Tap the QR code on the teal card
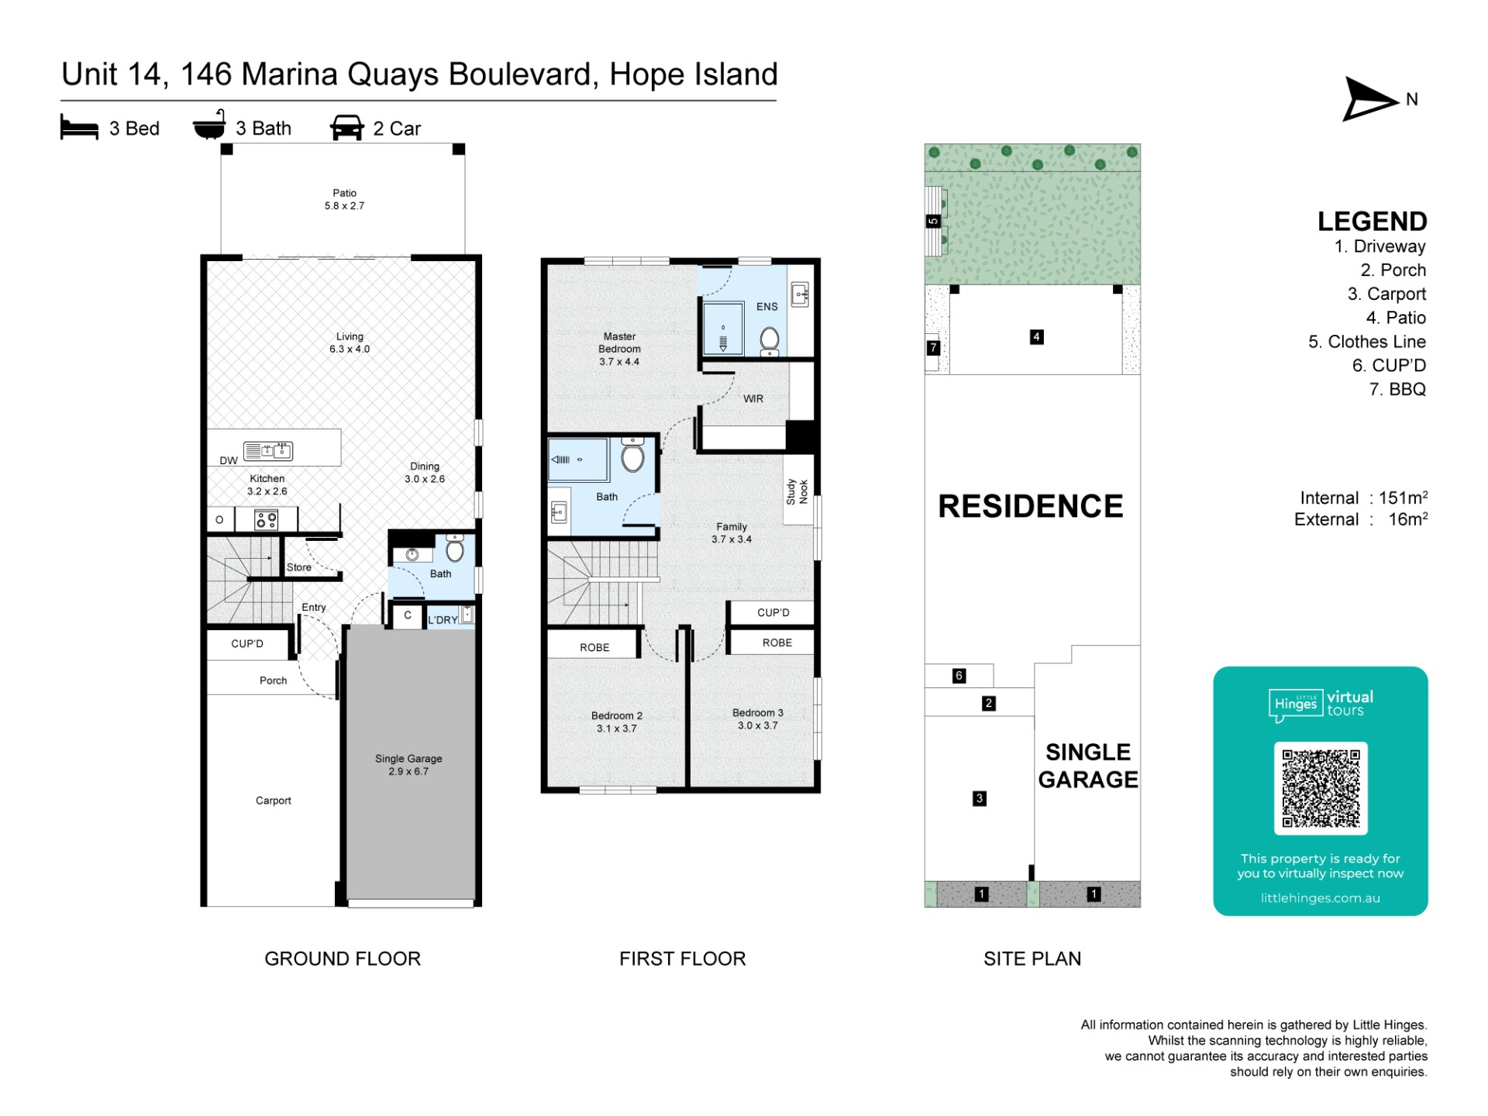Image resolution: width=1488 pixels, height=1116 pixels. [1321, 787]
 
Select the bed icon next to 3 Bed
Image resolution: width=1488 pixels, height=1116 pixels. [79, 128]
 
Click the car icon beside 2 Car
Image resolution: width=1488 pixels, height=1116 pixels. [347, 128]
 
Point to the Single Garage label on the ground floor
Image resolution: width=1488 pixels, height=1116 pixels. [408, 765]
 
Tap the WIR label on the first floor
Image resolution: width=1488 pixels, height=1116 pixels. [753, 398]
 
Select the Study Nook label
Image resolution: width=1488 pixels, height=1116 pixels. [797, 491]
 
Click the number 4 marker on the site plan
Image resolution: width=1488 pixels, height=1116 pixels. [1036, 336]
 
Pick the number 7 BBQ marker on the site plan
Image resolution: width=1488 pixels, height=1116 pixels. [933, 348]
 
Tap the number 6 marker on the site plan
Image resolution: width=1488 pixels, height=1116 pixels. [959, 676]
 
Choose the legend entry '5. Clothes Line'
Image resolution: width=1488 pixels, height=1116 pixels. [1367, 342]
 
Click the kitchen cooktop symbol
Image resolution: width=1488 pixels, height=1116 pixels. [267, 519]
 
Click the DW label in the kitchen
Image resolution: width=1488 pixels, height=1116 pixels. [229, 460]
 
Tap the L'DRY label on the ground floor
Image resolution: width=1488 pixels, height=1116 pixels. [443, 620]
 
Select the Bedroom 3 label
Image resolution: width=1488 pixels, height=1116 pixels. [758, 719]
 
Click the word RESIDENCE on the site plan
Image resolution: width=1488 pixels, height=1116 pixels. [1031, 506]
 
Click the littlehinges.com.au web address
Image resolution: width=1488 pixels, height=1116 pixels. [1321, 898]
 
